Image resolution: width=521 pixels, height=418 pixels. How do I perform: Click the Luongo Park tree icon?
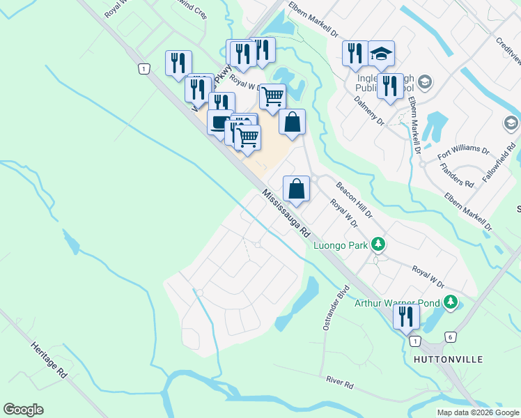point(378,245)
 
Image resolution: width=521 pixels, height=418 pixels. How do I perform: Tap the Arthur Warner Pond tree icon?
point(451,302)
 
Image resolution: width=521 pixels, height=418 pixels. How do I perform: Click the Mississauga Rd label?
point(286,215)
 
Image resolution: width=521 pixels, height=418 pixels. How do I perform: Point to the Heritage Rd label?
point(48,359)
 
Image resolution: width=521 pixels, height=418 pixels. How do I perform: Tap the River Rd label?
point(340,382)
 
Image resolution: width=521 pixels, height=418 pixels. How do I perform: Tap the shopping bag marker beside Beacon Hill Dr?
point(296,188)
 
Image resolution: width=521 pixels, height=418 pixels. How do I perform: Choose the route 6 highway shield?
point(450,336)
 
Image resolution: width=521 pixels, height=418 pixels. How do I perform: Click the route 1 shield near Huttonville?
point(415,341)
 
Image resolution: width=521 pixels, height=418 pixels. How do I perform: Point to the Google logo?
point(23,410)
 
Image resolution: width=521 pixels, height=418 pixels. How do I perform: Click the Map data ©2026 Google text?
point(477,412)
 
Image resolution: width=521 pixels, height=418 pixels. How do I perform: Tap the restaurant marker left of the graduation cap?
point(355,52)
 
